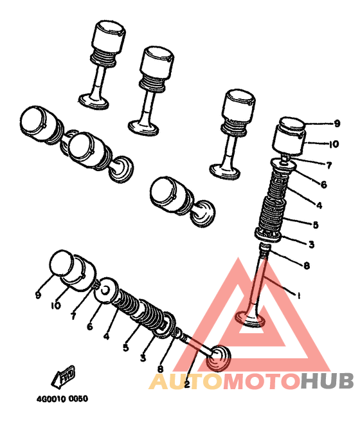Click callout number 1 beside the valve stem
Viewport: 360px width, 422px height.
[x=298, y=295]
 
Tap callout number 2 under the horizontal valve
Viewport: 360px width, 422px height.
[x=188, y=384]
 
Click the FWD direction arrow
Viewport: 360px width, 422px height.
[x=64, y=376]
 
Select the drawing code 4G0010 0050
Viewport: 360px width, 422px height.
[x=62, y=399]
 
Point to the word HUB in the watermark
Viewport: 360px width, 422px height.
[x=327, y=381]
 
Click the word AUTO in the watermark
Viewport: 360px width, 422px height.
[x=186, y=381]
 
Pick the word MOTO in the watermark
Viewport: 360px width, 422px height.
[x=262, y=381]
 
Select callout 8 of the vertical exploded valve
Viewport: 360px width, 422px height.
[x=307, y=266]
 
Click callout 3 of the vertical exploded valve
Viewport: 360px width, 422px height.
[x=311, y=244]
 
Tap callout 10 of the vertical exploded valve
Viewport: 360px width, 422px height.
[x=334, y=144]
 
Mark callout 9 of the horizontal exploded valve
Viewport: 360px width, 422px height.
[x=38, y=295]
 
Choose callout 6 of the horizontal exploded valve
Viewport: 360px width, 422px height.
[x=90, y=326]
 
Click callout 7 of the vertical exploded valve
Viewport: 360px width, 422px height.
[x=328, y=165]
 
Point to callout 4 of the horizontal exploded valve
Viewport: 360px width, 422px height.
[x=107, y=336]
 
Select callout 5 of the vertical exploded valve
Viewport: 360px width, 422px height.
[x=316, y=225]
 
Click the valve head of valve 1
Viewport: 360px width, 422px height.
[x=250, y=319]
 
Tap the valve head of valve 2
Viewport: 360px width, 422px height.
[x=219, y=358]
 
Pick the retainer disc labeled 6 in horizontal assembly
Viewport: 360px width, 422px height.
[x=107, y=291]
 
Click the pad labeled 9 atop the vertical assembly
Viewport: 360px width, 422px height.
[x=292, y=123]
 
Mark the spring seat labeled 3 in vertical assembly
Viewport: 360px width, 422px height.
[x=268, y=235]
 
